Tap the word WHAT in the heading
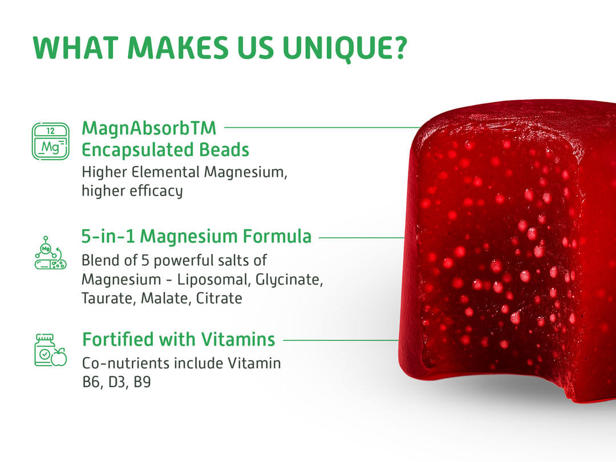tap(75, 48)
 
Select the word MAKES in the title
tap(178, 48)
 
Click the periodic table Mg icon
tap(50, 141)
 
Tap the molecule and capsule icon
tap(50, 253)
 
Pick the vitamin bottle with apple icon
tap(50, 350)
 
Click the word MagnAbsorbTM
tap(149, 129)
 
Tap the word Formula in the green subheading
tap(277, 237)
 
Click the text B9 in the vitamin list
tap(142, 382)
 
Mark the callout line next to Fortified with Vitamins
tap(341, 340)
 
